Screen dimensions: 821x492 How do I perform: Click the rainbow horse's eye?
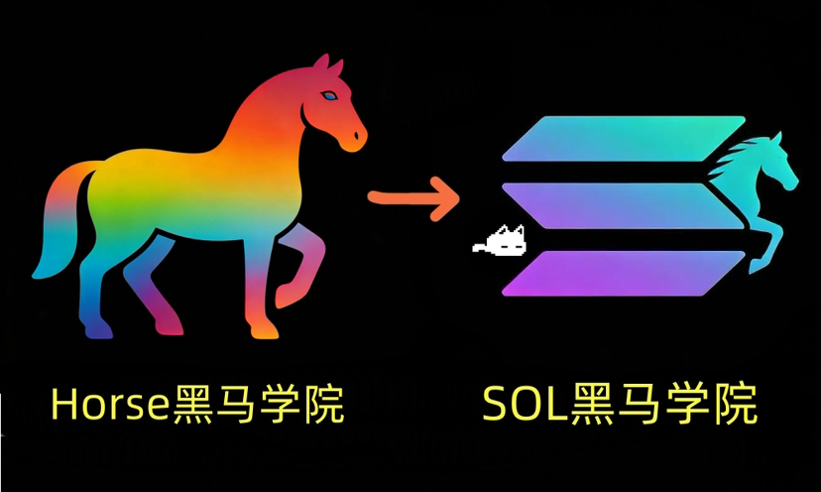[327, 96]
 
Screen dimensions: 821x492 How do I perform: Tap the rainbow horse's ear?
[321, 65]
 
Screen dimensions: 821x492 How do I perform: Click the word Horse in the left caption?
[109, 407]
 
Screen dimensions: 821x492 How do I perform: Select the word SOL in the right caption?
[523, 406]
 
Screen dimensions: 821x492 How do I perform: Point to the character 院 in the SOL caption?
[735, 406]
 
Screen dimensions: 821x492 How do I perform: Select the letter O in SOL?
[524, 406]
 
